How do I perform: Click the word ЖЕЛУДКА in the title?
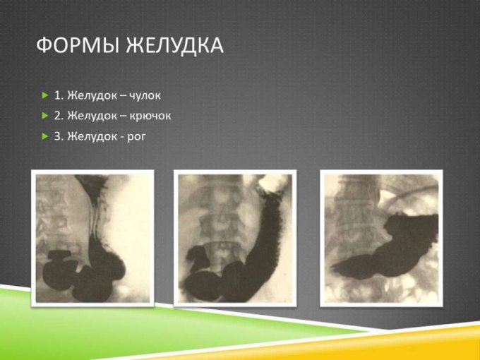pyautogui.click(x=175, y=46)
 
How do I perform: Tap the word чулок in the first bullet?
pyautogui.click(x=145, y=95)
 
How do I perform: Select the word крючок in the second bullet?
pyautogui.click(x=150, y=116)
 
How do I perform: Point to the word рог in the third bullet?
pyautogui.click(x=136, y=136)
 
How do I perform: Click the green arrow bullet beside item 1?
pyautogui.click(x=45, y=95)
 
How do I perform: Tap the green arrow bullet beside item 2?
pyautogui.click(x=45, y=116)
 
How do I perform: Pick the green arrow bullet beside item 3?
pyautogui.click(x=45, y=136)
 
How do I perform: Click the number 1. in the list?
pyautogui.click(x=59, y=95)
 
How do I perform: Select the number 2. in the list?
pyautogui.click(x=59, y=116)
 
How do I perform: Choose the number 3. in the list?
pyautogui.click(x=59, y=136)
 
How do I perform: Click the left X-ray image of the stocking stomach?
pyautogui.click(x=92, y=238)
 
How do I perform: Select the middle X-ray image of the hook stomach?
pyautogui.click(x=235, y=238)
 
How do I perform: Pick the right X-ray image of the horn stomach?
pyautogui.click(x=381, y=238)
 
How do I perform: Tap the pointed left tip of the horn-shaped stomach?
pyautogui.click(x=332, y=269)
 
